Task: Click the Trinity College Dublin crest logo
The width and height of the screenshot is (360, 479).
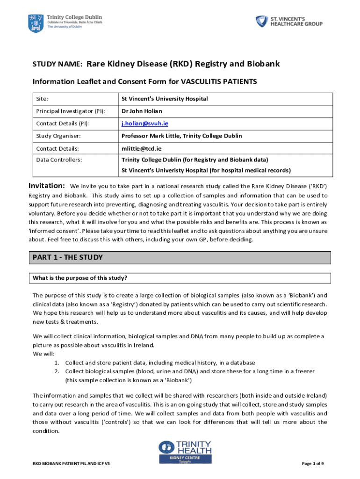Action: (x=36, y=22)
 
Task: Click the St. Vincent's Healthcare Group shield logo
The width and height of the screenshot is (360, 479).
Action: (x=262, y=22)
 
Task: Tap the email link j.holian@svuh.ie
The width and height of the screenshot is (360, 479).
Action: (x=144, y=123)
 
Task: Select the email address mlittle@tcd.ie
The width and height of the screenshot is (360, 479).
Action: (x=141, y=148)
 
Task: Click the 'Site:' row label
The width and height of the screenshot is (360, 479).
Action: (x=42, y=99)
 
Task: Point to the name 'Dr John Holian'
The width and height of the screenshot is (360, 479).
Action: (x=142, y=111)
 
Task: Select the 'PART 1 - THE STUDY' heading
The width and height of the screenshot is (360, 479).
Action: (x=67, y=258)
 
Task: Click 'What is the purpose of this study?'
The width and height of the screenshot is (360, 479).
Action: (x=80, y=278)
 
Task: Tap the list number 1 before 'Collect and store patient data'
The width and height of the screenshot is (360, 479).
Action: (x=56, y=363)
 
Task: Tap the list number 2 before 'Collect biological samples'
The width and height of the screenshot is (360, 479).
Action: (x=56, y=371)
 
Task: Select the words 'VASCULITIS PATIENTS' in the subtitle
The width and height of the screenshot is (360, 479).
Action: (x=219, y=82)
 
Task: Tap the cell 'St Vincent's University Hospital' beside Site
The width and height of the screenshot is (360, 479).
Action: (x=165, y=99)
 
